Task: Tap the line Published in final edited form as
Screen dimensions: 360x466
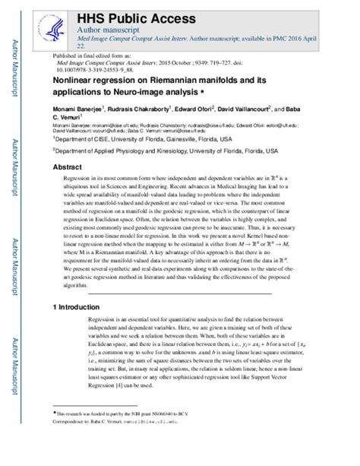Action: point(91,56)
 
